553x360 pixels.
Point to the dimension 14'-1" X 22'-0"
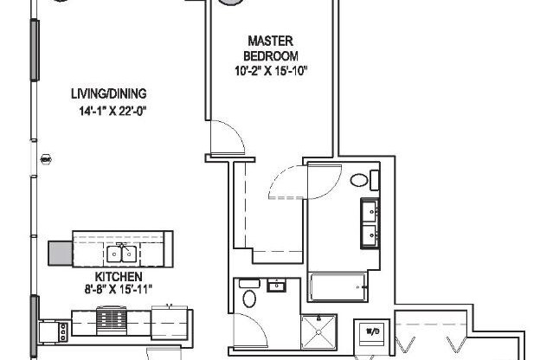pyautogui.click(x=109, y=110)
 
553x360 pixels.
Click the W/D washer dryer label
pyautogui.click(x=373, y=331)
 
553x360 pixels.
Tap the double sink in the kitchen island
pyautogui.click(x=121, y=253)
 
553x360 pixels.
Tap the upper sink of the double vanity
pyautogui.click(x=370, y=209)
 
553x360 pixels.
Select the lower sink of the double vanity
pyautogui.click(x=370, y=233)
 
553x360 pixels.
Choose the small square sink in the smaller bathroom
pyautogui.click(x=277, y=286)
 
